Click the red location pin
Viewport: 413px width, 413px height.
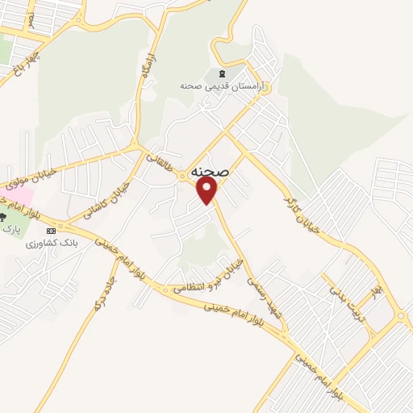(208, 190)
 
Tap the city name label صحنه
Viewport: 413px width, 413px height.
(211, 172)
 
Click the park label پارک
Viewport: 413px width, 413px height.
(10, 230)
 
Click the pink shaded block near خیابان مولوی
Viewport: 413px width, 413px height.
(19, 196)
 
